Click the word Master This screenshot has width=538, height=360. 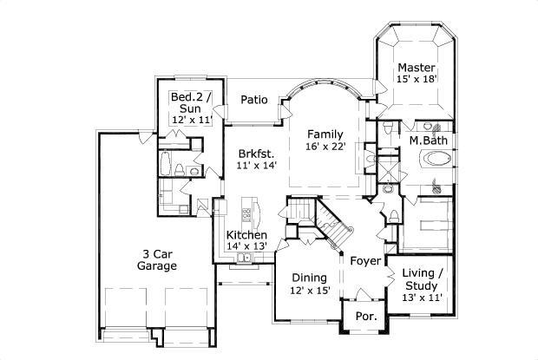pyautogui.click(x=416, y=67)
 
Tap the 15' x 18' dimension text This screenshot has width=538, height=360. pyautogui.click(x=416, y=79)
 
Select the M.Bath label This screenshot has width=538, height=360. pyautogui.click(x=428, y=140)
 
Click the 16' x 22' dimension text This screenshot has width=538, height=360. pyautogui.click(x=325, y=147)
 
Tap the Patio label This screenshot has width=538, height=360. pyautogui.click(x=253, y=99)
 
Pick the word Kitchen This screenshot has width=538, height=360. pyautogui.click(x=246, y=235)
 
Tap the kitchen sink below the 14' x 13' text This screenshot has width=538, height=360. pyautogui.click(x=246, y=259)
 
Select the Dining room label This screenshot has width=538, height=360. pyautogui.click(x=309, y=278)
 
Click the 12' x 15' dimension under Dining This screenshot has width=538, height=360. pyautogui.click(x=309, y=291)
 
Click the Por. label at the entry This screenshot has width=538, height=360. pyautogui.click(x=366, y=317)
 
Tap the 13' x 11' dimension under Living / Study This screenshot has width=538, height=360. pyautogui.click(x=422, y=298)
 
